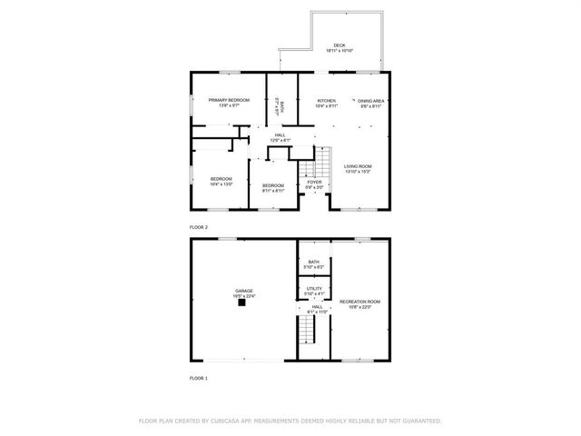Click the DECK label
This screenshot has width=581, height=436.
(x=339, y=45)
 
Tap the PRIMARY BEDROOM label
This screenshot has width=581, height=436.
(x=229, y=100)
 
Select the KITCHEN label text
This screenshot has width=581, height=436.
(x=326, y=101)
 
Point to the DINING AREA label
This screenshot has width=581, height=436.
(x=370, y=101)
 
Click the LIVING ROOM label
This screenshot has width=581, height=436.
(x=358, y=166)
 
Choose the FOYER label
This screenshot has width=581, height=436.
(x=314, y=182)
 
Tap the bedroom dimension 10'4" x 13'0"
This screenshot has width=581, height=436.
(x=222, y=184)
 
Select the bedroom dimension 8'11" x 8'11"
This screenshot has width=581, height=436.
(x=273, y=191)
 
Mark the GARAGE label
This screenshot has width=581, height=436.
(x=245, y=291)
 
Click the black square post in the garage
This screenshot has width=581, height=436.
(x=241, y=303)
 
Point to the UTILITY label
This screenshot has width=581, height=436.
(x=314, y=288)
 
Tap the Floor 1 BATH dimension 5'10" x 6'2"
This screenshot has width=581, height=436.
(x=313, y=267)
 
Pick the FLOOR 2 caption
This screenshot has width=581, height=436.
(x=198, y=226)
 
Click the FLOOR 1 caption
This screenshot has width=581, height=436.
(x=198, y=377)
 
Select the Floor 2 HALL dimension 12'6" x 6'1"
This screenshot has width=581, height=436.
(x=280, y=140)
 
